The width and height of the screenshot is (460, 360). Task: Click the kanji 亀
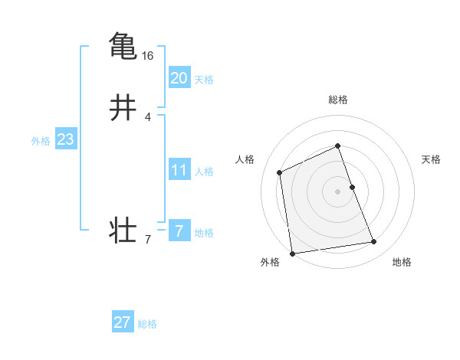123,45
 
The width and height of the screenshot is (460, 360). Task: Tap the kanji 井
123,108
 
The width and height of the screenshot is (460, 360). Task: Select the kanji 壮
123,231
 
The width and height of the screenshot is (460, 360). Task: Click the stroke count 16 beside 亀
148,56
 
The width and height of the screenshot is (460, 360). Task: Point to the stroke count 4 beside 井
148,117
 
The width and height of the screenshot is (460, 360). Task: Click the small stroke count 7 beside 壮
148,241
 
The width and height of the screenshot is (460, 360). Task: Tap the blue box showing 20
179,77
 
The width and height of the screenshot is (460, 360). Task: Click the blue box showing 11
179,170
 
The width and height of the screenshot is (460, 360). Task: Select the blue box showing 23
65,139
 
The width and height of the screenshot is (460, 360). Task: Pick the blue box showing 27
123,322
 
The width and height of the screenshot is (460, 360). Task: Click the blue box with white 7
179,231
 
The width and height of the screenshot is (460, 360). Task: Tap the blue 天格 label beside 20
204,80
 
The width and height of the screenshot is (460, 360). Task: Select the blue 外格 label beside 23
41,141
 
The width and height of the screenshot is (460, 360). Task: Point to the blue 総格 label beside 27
147,325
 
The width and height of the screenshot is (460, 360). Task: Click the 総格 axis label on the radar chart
337,100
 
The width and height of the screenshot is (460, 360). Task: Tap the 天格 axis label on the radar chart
431,159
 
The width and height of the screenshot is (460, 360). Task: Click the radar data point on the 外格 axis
292,253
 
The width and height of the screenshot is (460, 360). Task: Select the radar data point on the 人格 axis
281,172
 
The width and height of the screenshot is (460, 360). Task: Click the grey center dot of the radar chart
337,191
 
